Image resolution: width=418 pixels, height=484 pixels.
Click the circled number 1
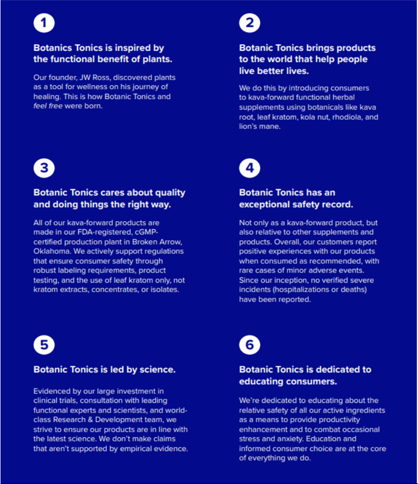click(x=44, y=23)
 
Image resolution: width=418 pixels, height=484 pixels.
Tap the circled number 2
click(x=250, y=23)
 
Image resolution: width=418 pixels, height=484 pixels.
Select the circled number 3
click(x=44, y=168)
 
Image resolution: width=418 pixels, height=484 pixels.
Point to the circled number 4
click(x=250, y=168)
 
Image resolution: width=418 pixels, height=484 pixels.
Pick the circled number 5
click(x=44, y=345)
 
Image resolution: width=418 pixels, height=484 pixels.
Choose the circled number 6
click(x=250, y=345)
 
